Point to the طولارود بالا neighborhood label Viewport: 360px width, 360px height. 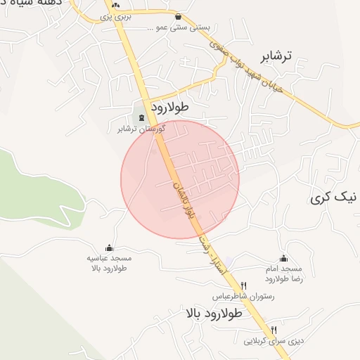click(x=214, y=313)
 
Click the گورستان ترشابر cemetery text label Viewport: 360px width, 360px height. click(x=142, y=129)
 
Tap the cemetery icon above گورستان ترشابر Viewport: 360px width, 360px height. click(x=143, y=117)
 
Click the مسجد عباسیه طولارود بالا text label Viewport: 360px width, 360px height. click(x=109, y=263)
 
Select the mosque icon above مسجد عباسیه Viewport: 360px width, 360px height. click(x=109, y=247)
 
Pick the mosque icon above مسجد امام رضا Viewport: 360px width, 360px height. click(x=283, y=258)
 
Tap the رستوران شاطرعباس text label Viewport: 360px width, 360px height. click(x=244, y=297)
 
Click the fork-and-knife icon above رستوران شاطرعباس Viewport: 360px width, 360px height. click(x=244, y=285)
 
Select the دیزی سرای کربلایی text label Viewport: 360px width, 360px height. click(x=274, y=342)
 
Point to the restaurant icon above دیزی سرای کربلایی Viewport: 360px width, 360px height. click(x=274, y=330)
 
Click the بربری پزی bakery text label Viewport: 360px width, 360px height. click(x=116, y=15)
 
